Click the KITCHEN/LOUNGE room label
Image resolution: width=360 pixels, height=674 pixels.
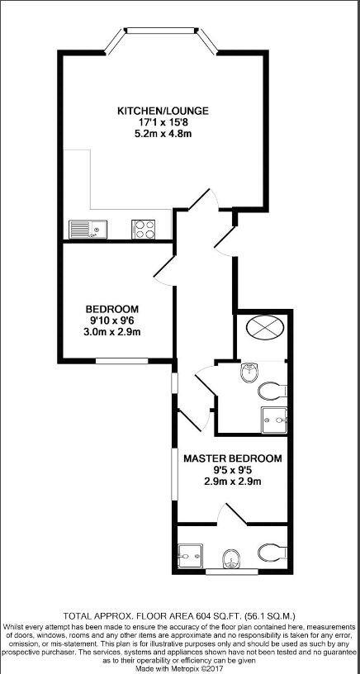(163, 111)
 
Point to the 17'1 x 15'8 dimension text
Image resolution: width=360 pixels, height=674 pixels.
(163, 122)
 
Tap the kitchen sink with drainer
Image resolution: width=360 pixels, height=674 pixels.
(88, 229)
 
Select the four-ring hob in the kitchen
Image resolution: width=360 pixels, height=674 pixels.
(144, 229)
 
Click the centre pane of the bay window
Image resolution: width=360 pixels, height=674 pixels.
(163, 30)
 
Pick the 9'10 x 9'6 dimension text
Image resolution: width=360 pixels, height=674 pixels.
(112, 320)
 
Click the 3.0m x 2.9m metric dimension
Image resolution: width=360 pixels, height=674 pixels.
(112, 331)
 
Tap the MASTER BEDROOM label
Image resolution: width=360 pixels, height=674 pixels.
(233, 458)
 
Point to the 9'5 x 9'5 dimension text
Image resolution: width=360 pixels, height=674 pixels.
(233, 470)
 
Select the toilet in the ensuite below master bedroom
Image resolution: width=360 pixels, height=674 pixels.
(272, 552)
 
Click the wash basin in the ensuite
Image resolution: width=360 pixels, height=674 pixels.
(231, 558)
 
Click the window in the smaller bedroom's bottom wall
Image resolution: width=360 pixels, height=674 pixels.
(122, 361)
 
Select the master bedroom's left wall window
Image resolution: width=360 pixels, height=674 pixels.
(175, 474)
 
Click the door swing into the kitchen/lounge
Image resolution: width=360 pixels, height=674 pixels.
(204, 199)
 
